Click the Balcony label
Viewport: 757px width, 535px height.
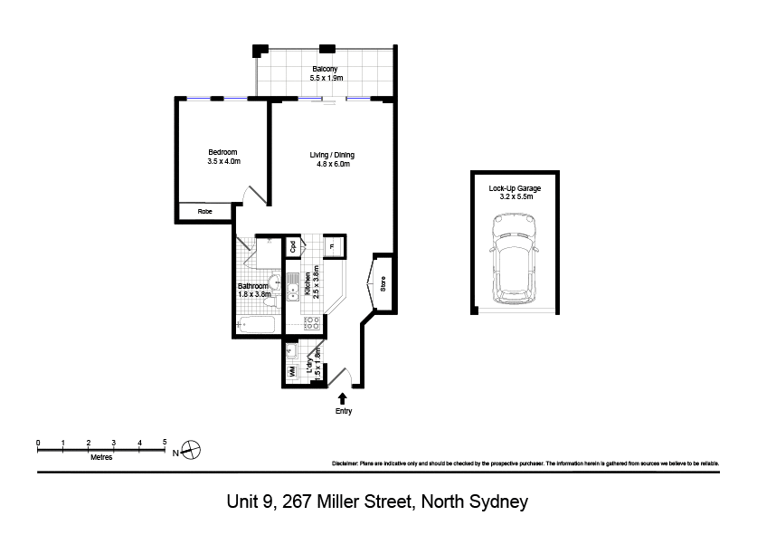pos(325,69)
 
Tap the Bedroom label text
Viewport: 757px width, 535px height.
pos(222,152)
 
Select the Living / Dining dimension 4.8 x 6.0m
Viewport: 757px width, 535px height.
pos(333,164)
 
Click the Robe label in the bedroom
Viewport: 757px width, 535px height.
pos(204,211)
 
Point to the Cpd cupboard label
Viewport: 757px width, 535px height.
pos(292,246)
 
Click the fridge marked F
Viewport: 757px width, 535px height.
pos(333,246)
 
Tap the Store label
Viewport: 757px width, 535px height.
pos(383,283)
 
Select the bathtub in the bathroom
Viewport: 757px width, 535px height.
pos(255,324)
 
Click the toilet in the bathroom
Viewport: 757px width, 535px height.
pos(270,302)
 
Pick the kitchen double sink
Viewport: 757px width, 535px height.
pos(293,287)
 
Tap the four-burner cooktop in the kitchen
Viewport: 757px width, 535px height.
pos(312,323)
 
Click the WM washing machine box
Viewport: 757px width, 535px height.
pos(291,372)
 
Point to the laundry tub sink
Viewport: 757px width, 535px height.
pos(291,350)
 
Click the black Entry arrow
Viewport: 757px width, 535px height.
pos(342,398)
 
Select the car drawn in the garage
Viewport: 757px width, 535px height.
pos(515,259)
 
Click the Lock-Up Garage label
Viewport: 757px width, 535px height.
pos(515,188)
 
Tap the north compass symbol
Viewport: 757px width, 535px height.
pos(191,450)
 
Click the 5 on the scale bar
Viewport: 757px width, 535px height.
pos(165,442)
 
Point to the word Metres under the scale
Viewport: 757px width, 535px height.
pos(101,457)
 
